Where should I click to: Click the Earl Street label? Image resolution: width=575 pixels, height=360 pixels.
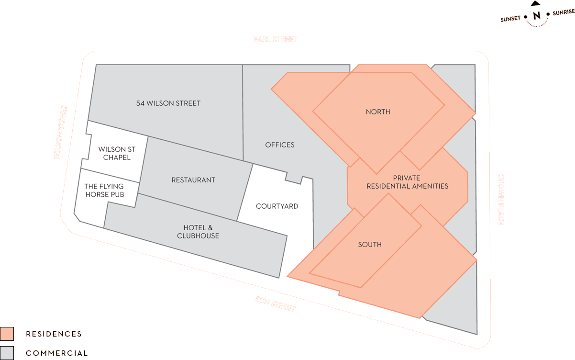pyautogui.click(x=276, y=39)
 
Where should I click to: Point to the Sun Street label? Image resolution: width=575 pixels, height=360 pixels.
pyautogui.click(x=276, y=304)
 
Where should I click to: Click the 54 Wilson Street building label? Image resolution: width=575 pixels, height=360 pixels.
pyautogui.click(x=168, y=103)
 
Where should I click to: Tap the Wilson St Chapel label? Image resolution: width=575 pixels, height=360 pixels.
pyautogui.click(x=117, y=153)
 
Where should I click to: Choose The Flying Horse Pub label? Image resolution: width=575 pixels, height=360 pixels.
pyautogui.click(x=104, y=191)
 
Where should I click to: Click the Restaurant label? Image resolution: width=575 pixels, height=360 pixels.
pyautogui.click(x=193, y=180)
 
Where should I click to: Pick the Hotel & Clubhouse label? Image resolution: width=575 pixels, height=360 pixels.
pyautogui.click(x=198, y=232)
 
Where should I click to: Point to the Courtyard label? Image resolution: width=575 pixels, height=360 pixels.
pyautogui.click(x=277, y=206)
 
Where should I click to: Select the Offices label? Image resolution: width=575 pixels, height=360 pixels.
pyautogui.click(x=280, y=145)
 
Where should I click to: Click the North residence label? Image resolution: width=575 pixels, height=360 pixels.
pyautogui.click(x=378, y=112)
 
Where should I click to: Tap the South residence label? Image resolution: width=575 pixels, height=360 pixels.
pyautogui.click(x=370, y=245)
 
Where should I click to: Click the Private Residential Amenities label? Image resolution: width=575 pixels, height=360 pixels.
pyautogui.click(x=408, y=182)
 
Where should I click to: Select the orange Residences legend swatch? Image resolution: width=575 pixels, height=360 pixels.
pyautogui.click(x=7, y=334)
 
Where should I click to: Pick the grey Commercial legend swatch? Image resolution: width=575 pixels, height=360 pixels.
pyautogui.click(x=7, y=353)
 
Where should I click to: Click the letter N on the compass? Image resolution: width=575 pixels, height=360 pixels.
pyautogui.click(x=537, y=16)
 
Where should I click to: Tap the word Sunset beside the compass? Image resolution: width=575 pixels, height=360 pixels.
pyautogui.click(x=510, y=19)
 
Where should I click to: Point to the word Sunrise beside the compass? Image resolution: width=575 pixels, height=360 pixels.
pyautogui.click(x=564, y=13)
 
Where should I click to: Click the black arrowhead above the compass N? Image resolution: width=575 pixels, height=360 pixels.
pyautogui.click(x=536, y=3)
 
